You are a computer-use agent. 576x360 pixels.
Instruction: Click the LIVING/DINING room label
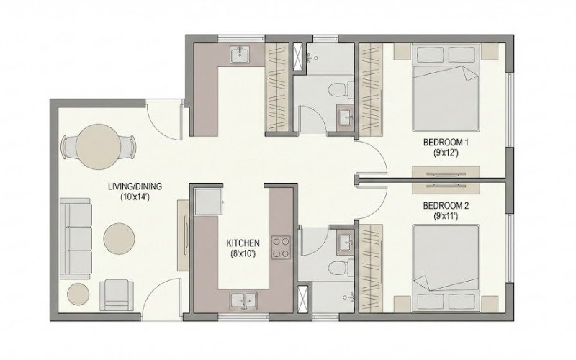coord(135,186)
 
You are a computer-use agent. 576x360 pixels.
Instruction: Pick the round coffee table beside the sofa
coord(119,238)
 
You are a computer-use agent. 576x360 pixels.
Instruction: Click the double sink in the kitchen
coord(242,300)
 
